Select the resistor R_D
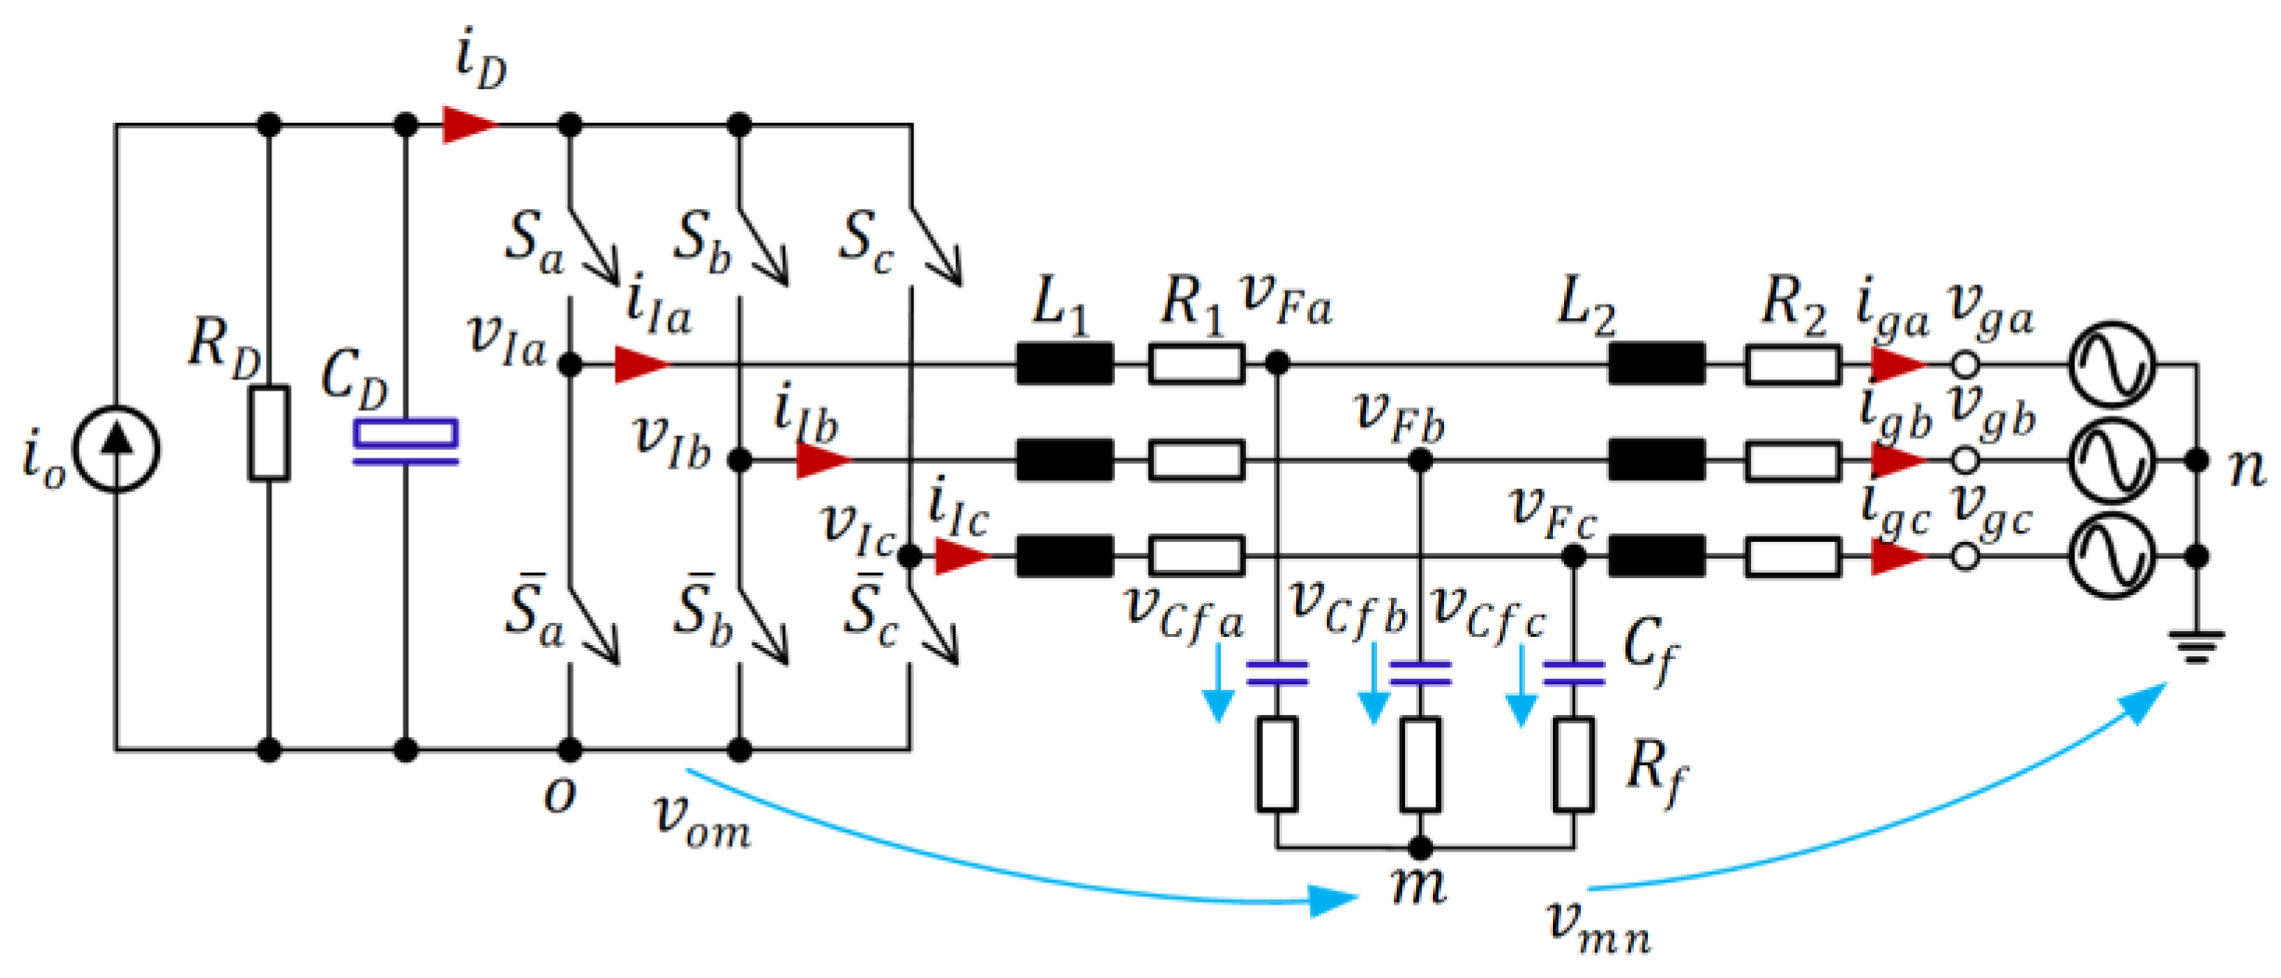(x=269, y=433)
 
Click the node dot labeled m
(x=1420, y=847)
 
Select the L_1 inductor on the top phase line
(x=1065, y=363)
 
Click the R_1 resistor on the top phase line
(x=1196, y=363)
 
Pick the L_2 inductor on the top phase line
(x=1656, y=363)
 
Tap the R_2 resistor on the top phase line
(x=1792, y=363)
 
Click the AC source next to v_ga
(x=2112, y=364)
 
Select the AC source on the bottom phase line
(x=2112, y=557)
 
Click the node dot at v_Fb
(x=1420, y=460)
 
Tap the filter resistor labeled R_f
(x=1573, y=764)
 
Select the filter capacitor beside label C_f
(x=1573, y=673)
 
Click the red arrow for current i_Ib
(x=822, y=460)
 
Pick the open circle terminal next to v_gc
(x=1964, y=557)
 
